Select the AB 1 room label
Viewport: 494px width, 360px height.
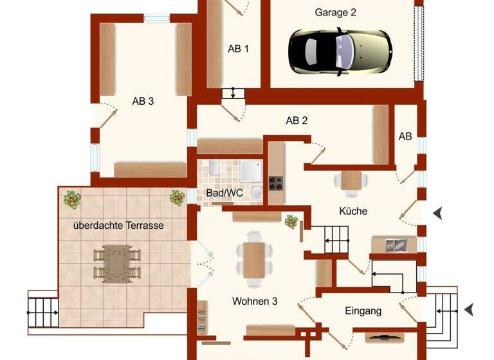click(238, 49)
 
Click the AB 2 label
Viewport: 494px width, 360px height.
click(297, 120)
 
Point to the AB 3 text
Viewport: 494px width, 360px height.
click(143, 101)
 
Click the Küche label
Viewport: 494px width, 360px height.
click(353, 210)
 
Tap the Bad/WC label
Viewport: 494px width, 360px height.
click(220, 193)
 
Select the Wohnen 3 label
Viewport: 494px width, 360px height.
click(255, 300)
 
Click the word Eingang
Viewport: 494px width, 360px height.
click(363, 310)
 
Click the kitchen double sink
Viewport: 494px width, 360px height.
click(392, 245)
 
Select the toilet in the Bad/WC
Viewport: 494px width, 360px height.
click(213, 169)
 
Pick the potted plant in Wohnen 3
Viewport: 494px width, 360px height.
click(291, 221)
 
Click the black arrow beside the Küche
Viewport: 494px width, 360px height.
click(437, 213)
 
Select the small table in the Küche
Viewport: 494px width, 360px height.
click(351, 180)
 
